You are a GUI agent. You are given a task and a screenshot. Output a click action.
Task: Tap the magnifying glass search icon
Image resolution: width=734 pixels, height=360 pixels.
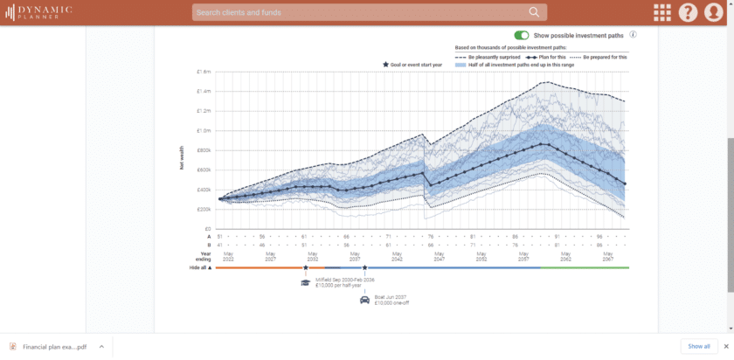click(534, 12)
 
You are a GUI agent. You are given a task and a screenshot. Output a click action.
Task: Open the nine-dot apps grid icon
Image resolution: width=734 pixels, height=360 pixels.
click(662, 12)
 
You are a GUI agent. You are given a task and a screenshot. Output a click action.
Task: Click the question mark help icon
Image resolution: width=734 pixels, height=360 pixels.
click(689, 12)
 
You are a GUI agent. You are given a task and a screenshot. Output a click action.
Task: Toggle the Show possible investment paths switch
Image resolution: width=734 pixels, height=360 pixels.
click(522, 35)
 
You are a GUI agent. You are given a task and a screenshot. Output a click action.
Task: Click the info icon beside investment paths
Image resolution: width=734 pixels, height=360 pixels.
click(633, 35)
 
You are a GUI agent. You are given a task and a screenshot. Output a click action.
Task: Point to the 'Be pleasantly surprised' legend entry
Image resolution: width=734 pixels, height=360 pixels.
click(488, 56)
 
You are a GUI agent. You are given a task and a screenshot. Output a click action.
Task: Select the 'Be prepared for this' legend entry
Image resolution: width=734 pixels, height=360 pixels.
click(599, 56)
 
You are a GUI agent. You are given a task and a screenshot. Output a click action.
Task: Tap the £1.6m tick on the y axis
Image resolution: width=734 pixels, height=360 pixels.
click(204, 72)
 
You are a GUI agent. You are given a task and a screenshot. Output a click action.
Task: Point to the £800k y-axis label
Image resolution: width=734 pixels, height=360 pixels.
click(204, 150)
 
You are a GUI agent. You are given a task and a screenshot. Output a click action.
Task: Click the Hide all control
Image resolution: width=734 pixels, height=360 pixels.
click(201, 267)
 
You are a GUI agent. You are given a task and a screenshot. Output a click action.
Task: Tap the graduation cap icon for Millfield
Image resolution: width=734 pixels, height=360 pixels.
click(306, 281)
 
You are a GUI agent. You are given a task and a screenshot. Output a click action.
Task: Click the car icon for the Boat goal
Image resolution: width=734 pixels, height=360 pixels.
click(364, 300)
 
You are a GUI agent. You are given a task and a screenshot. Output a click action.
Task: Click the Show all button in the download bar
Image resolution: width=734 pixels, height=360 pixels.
click(698, 346)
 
